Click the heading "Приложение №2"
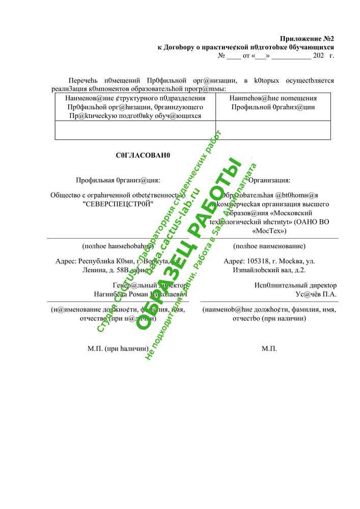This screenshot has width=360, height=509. click(307, 39)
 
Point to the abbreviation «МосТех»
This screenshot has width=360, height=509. click(269, 231)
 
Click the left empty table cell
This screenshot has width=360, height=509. click(135, 130)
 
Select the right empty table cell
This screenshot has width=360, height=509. click(273, 130)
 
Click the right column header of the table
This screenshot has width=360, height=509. click(273, 103)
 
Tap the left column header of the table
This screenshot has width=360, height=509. click(135, 107)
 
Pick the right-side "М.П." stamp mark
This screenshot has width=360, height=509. click(269, 349)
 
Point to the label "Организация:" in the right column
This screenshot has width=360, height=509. click(269, 180)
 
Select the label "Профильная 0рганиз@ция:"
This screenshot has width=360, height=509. click(118, 180)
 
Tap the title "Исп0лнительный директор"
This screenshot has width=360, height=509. click(295, 286)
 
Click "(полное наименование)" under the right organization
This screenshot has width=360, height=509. click(269, 246)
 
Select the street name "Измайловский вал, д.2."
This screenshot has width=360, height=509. click(269, 270)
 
